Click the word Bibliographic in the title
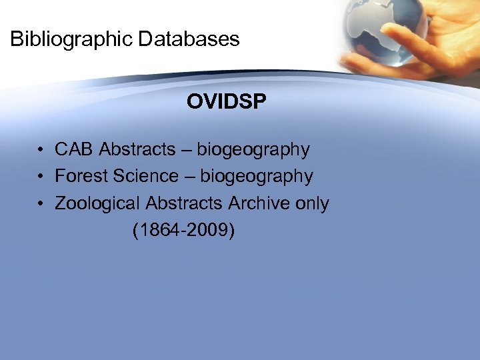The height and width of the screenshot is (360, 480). pos(71,39)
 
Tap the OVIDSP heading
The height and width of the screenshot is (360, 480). pos(227,101)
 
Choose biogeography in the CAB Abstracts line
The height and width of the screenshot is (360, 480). pos(253,150)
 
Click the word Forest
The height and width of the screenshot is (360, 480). pos(81,176)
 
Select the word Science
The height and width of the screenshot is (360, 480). pos(145,176)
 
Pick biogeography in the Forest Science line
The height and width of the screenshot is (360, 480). pos(257,177)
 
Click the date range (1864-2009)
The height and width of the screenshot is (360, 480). pos(184,231)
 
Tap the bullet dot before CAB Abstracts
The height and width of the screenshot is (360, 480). pos(41,150)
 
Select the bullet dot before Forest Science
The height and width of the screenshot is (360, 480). pos(41,177)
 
